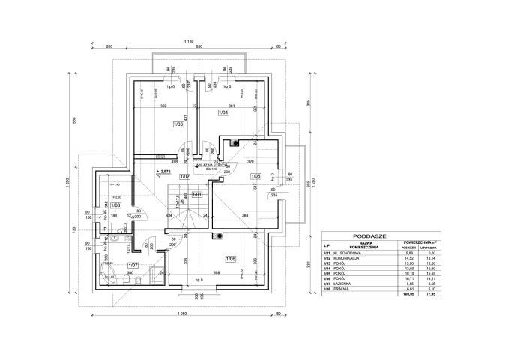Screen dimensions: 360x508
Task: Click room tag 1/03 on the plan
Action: pos(178,124)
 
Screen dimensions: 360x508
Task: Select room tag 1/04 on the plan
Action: pos(223,112)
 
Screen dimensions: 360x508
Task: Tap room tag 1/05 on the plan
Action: pos(255,178)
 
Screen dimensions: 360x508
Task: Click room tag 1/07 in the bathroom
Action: pos(133,265)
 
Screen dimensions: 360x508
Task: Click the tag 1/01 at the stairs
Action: pos(196,195)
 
